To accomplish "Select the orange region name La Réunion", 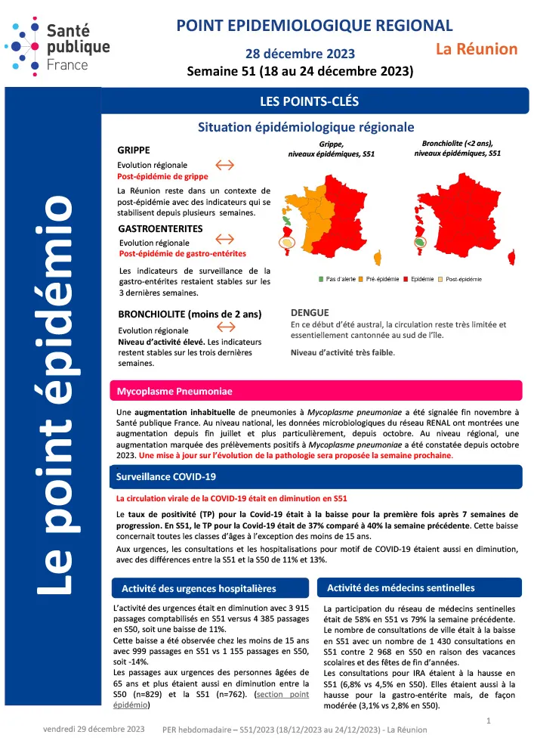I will [x=477, y=50].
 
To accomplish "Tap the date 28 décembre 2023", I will [x=300, y=54].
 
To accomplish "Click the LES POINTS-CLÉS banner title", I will [x=304, y=101].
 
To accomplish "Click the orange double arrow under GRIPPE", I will [x=226, y=164].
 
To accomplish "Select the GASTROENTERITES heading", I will [x=160, y=228].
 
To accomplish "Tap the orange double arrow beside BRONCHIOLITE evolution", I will [x=226, y=327].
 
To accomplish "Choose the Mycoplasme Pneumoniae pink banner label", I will [x=174, y=392].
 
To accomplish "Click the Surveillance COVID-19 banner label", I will [x=165, y=477].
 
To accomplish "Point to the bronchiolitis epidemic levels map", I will [x=457, y=215].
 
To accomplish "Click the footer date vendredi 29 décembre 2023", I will [x=93, y=730].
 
